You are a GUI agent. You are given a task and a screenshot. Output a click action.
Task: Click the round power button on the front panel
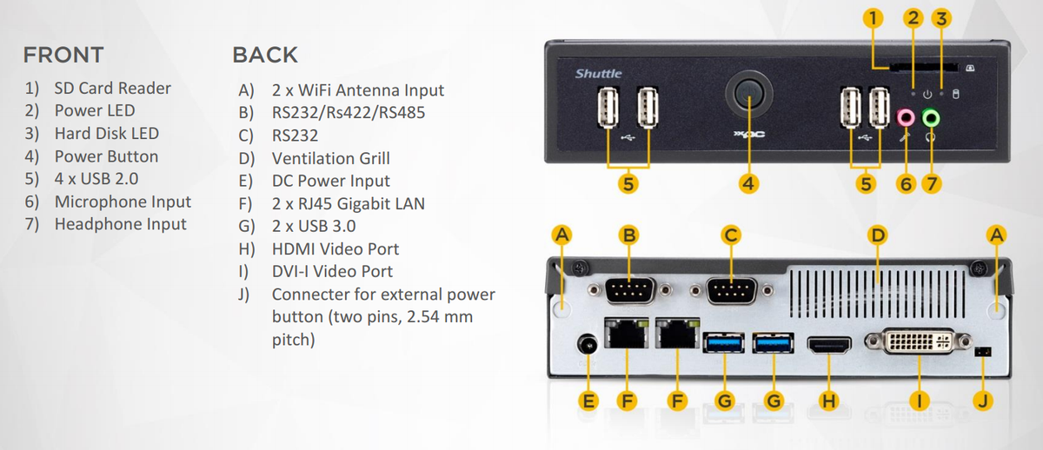click(748, 96)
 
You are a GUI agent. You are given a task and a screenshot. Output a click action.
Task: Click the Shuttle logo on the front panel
click(598, 74)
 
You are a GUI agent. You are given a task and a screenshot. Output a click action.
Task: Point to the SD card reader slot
click(915, 66)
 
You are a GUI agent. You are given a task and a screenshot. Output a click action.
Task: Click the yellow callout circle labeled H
click(829, 400)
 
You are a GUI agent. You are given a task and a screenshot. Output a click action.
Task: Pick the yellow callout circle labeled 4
click(748, 183)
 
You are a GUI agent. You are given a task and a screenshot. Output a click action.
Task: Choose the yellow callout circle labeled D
click(878, 234)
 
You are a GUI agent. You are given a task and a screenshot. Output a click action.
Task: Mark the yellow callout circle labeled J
click(983, 400)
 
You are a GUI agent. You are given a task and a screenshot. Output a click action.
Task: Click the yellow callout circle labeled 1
click(874, 17)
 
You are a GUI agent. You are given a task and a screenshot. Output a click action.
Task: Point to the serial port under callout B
click(628, 291)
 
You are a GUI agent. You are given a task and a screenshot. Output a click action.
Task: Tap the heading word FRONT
click(63, 55)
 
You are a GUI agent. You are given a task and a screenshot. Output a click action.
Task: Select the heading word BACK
click(265, 55)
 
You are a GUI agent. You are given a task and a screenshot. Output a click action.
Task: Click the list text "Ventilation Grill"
click(330, 158)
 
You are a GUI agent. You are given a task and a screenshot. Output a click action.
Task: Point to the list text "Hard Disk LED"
click(106, 133)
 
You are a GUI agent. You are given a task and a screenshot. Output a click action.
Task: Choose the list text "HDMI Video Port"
click(335, 248)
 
